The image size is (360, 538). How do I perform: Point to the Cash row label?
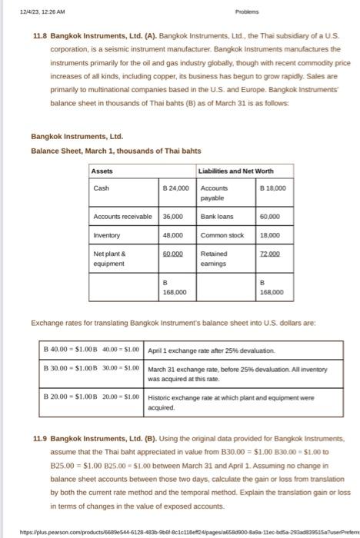(x=101, y=187)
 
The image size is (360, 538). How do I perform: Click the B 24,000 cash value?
(x=175, y=187)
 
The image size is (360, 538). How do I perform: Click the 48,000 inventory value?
(x=172, y=234)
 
